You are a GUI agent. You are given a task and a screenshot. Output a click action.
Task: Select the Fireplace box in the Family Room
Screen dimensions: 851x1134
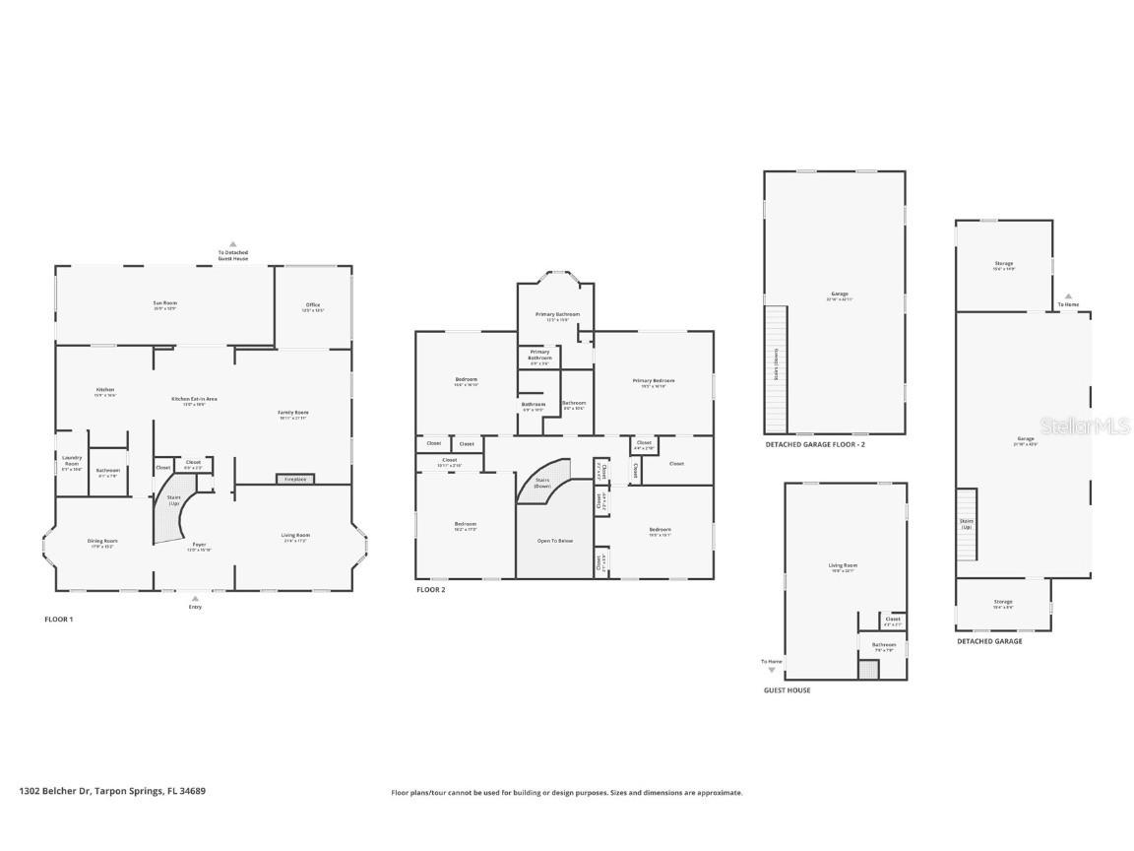295,479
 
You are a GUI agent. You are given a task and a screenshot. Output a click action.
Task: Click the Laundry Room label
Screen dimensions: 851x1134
71,460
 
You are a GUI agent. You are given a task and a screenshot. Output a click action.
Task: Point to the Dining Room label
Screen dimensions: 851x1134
102,543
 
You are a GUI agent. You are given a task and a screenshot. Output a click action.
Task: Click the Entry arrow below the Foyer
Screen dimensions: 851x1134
195,599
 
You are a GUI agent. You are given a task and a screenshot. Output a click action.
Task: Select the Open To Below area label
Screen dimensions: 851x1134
554,541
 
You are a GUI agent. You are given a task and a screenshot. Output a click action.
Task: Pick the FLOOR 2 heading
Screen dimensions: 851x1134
431,589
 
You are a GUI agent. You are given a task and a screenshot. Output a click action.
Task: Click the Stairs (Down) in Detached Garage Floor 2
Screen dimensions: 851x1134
777,369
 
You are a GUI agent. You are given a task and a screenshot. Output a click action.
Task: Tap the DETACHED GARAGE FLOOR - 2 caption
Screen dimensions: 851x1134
815,444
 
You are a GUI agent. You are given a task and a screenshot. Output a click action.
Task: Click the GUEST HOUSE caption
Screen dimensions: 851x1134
787,690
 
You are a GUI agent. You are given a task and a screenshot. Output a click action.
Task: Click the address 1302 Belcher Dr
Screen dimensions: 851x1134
112,791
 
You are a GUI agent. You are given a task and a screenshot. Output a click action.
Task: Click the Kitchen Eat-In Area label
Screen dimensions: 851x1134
194,401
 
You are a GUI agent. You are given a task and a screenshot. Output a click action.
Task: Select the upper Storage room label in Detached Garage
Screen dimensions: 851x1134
1003,265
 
